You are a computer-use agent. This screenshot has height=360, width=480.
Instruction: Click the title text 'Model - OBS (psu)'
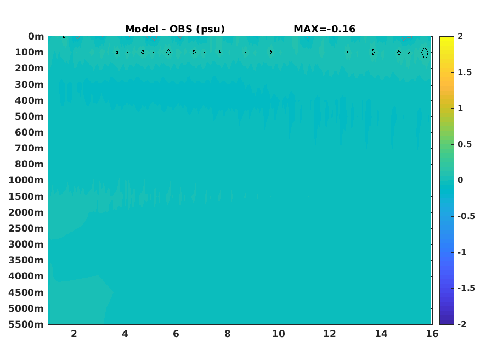click(x=175, y=29)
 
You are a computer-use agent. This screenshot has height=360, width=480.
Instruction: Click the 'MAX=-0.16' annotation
click(x=325, y=29)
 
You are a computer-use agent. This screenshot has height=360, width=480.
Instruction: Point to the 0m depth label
click(x=36, y=36)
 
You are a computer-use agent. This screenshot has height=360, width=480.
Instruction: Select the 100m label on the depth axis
click(x=30, y=52)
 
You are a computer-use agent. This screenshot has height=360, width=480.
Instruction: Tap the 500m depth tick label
click(x=30, y=117)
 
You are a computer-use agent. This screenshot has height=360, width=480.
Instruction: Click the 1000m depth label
click(x=26, y=180)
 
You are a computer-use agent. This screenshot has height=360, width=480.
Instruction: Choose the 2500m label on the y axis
click(x=26, y=228)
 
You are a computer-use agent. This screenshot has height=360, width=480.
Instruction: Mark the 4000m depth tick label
click(x=26, y=276)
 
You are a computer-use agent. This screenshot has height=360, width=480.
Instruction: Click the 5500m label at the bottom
click(x=26, y=324)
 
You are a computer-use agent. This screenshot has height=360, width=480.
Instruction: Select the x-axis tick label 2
click(x=74, y=334)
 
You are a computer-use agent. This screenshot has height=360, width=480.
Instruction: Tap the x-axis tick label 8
click(x=227, y=334)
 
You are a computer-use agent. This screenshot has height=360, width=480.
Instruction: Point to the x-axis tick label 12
click(x=330, y=334)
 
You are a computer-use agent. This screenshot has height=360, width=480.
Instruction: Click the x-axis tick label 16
click(x=432, y=334)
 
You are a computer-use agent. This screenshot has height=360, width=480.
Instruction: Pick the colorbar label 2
click(x=460, y=36)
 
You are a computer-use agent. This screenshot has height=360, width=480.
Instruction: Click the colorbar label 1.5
click(x=465, y=72)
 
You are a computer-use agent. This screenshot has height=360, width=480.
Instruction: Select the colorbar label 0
click(x=460, y=180)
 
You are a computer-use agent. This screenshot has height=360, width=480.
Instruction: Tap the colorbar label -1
click(x=462, y=252)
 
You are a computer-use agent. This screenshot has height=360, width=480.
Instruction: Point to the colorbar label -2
click(x=462, y=324)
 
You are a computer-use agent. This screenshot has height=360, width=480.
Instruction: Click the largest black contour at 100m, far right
click(x=421, y=53)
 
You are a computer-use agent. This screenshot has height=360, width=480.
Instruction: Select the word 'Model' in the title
click(x=142, y=29)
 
